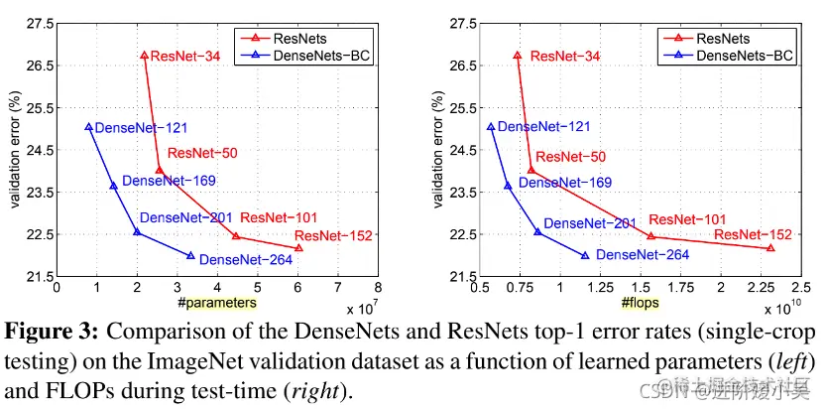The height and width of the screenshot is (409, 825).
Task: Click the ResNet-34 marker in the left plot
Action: (145, 56)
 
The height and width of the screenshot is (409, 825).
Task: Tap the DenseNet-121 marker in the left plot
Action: (88, 127)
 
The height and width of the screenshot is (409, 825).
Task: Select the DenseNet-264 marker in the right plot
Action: (585, 255)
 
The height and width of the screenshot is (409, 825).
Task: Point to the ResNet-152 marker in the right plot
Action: (770, 248)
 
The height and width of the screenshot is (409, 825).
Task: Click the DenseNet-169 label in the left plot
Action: (169, 181)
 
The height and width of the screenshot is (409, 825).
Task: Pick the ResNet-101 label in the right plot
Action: (687, 219)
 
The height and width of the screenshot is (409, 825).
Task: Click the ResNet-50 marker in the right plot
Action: (530, 170)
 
